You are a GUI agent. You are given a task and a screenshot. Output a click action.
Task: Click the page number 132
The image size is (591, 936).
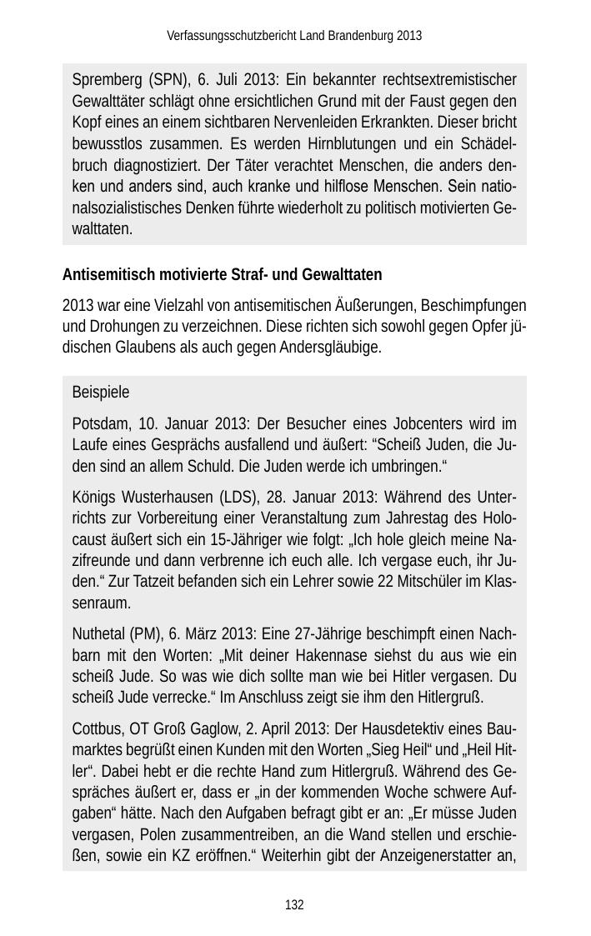pos(294,905)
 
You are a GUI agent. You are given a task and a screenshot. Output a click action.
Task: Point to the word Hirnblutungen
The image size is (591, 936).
pos(371,143)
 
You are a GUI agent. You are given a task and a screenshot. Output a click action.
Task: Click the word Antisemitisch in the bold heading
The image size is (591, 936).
pos(104,275)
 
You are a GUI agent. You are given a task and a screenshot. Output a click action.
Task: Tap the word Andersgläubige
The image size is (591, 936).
pos(333,348)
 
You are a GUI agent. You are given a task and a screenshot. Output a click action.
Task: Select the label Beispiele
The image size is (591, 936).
pos(101,392)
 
